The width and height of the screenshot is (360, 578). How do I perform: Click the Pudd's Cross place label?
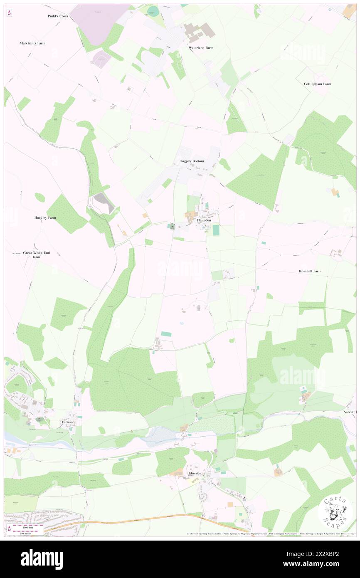tap(57, 16)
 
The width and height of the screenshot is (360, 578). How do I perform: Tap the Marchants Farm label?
tap(32, 43)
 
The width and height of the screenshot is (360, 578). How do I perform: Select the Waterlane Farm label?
tap(201, 48)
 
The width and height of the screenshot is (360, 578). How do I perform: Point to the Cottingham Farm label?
tap(318, 84)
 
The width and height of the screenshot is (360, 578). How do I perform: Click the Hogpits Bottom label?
tap(189, 161)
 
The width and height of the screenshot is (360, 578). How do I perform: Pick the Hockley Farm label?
tap(45, 217)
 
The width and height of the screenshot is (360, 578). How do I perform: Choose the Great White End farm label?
tap(37, 254)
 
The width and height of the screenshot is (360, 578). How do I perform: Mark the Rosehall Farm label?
tap(310, 271)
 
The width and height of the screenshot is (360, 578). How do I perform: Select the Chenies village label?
tap(195, 473)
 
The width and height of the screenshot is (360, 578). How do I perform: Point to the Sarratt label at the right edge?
tap(350, 412)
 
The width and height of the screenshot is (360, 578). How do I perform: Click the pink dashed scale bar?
tap(28, 526)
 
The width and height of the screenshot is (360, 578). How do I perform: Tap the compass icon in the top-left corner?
tap(10, 13)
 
